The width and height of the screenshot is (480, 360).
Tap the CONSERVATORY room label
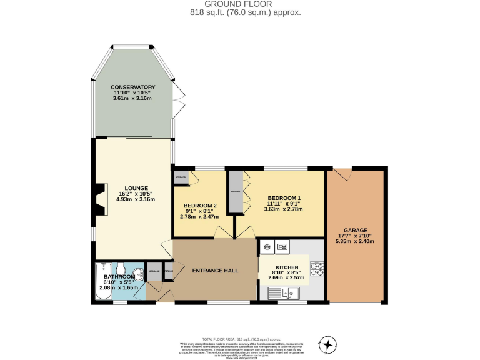click(x=132, y=87)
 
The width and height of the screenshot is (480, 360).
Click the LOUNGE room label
click(x=136, y=187)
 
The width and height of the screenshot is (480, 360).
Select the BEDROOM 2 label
click(x=200, y=206)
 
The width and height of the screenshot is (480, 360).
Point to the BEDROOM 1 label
click(x=284, y=198)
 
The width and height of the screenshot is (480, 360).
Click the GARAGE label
click(x=355, y=230)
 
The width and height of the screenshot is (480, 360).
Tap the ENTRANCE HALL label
click(x=215, y=271)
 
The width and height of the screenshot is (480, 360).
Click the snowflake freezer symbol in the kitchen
click(x=266, y=247)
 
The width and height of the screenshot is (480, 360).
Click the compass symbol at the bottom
click(x=327, y=344)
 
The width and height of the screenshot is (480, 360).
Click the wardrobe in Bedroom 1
click(x=236, y=191)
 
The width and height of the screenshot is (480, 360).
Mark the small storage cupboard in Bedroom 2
click(x=181, y=177)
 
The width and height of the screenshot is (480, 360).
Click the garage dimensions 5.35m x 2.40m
click(x=355, y=241)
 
